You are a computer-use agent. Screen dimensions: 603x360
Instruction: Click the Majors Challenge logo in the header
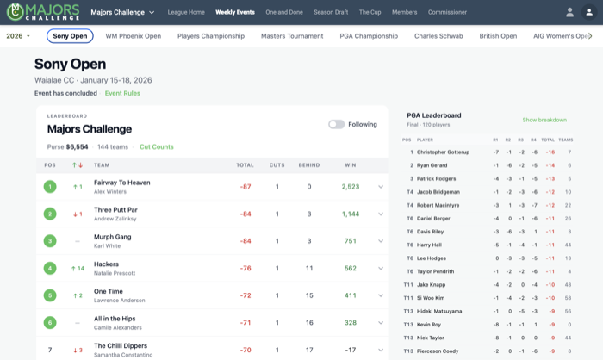tap(43, 12)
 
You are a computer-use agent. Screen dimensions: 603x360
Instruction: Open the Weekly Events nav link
tap(235, 12)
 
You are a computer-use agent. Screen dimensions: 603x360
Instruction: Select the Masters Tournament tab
tap(292, 36)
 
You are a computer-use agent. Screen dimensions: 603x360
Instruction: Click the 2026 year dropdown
tap(18, 36)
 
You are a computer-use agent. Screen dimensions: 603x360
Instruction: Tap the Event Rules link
tap(122, 93)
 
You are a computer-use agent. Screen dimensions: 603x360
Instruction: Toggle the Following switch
tap(336, 124)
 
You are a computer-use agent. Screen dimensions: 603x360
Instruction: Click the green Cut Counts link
tap(157, 147)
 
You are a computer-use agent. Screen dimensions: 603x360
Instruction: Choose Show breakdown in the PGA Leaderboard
tap(544, 120)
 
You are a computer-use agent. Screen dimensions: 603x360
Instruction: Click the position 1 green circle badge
tap(50, 187)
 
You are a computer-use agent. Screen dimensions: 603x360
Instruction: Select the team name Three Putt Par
tap(115, 210)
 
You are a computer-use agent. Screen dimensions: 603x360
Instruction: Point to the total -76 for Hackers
tap(246, 269)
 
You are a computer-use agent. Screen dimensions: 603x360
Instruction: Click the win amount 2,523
tap(351, 187)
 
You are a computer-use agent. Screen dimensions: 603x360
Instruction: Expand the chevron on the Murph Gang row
tap(381, 241)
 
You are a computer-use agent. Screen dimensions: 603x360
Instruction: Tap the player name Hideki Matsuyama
tap(439, 311)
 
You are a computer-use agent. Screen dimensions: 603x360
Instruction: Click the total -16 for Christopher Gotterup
tap(550, 152)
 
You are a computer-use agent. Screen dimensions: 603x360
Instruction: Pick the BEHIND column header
tap(309, 165)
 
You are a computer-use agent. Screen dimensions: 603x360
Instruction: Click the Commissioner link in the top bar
tap(447, 12)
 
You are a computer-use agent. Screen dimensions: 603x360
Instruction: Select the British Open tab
tap(498, 36)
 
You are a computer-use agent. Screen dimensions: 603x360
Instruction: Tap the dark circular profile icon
tap(589, 12)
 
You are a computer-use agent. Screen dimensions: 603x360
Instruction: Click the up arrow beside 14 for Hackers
tap(73, 269)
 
